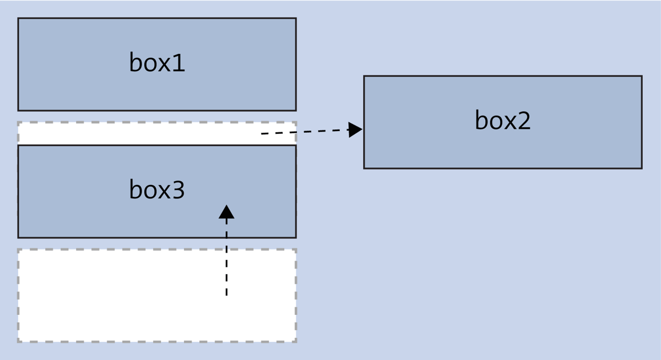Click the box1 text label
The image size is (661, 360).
point(157,63)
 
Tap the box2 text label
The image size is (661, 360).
point(502,121)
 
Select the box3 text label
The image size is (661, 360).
point(157,190)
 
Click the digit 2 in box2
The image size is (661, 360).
point(524,121)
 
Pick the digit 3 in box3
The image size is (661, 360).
point(178,190)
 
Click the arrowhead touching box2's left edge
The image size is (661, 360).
point(355,130)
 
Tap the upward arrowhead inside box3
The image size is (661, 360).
point(226,212)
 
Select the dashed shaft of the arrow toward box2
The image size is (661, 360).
point(306,132)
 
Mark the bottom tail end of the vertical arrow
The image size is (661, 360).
point(226,296)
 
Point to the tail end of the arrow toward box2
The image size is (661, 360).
point(262,134)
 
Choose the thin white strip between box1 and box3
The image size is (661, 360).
point(138,133)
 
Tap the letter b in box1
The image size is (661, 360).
point(136,62)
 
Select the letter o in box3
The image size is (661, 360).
point(149,191)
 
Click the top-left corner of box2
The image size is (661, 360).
point(364,76)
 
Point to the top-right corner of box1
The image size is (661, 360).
point(296,18)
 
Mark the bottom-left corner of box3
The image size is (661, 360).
point(18,238)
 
